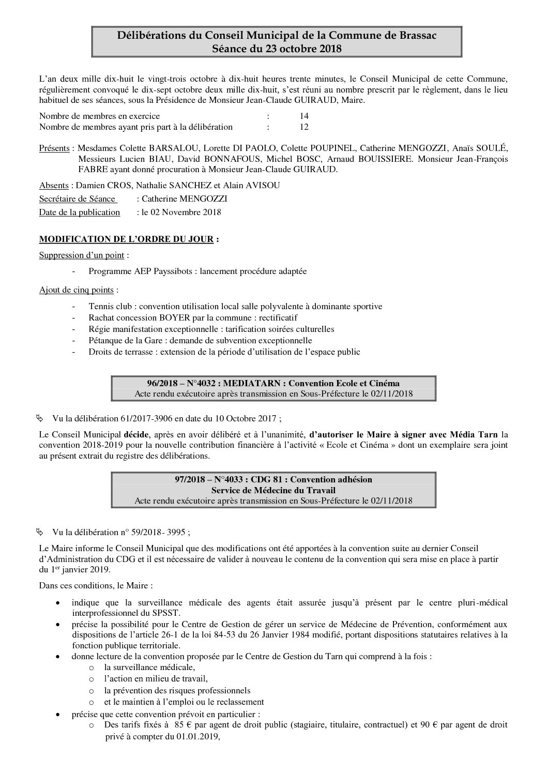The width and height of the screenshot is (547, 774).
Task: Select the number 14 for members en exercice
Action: pos(304,116)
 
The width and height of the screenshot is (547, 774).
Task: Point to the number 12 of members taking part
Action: pos(304,127)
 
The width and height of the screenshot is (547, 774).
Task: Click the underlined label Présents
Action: pos(54,148)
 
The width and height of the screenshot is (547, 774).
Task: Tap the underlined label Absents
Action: pos(54,186)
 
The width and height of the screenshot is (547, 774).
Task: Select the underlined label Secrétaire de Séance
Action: pos(78,199)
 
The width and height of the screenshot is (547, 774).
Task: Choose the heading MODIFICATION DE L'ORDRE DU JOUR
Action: pos(127,240)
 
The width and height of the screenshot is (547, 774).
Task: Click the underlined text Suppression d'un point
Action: pos(83,255)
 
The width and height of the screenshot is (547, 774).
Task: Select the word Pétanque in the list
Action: pos(105,340)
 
